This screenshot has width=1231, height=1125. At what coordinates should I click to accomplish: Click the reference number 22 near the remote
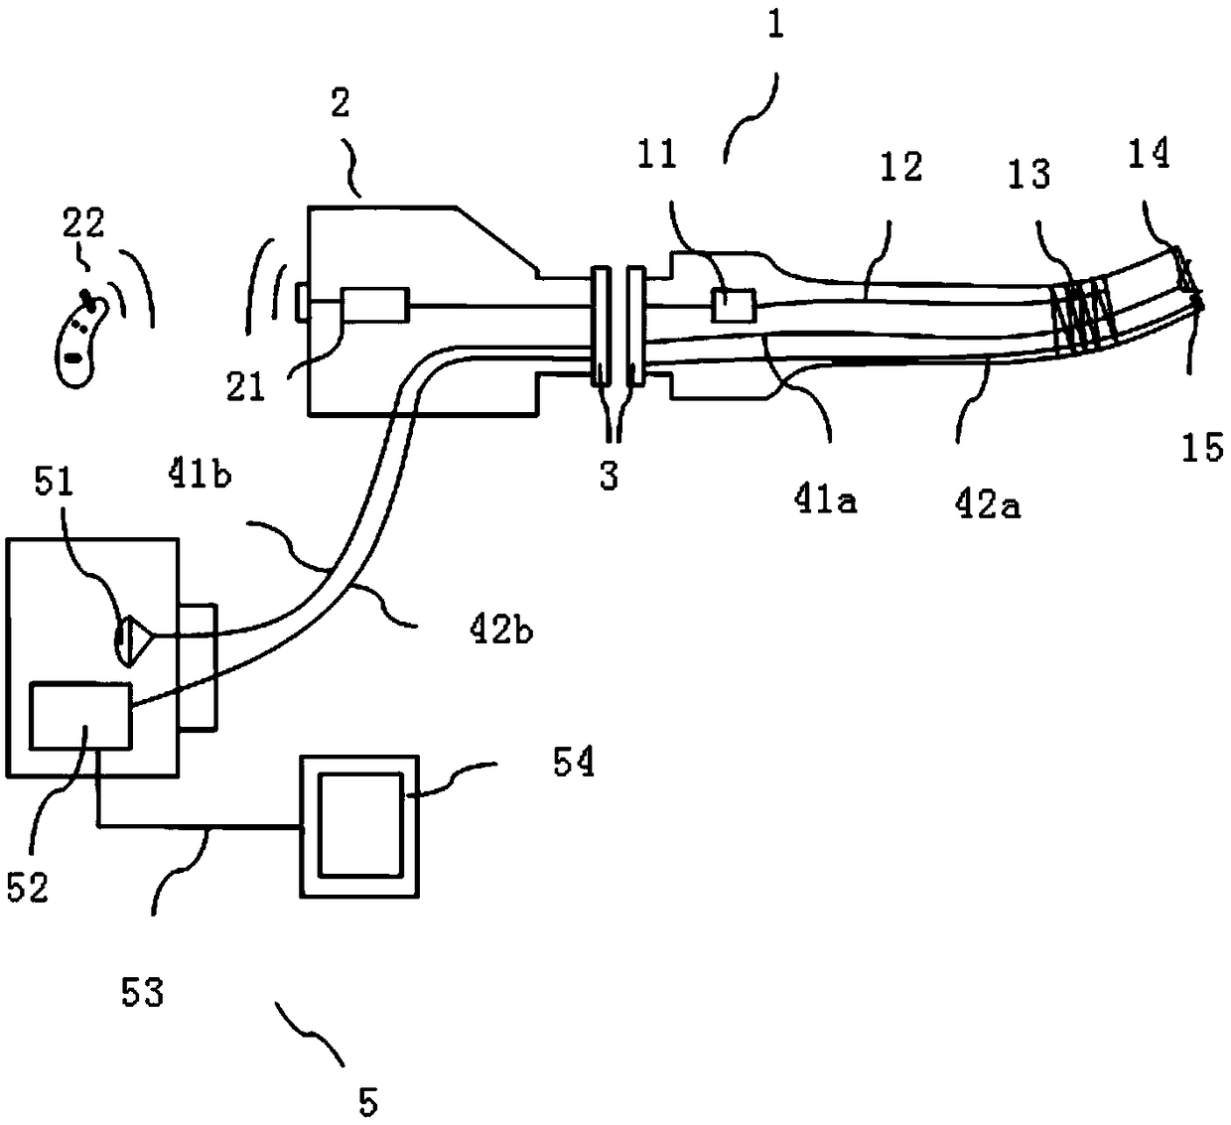pyautogui.click(x=83, y=223)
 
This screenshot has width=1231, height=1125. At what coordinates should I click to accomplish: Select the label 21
pyautogui.click(x=245, y=387)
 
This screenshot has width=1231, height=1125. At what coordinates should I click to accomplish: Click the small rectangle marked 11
pyautogui.click(x=733, y=305)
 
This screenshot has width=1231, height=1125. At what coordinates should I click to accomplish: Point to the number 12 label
pyautogui.click(x=900, y=167)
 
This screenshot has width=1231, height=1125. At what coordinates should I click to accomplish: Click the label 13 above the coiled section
pyautogui.click(x=1029, y=174)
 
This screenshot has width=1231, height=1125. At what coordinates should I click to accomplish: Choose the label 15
pyautogui.click(x=1202, y=447)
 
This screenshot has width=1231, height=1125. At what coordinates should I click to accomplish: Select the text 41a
pyautogui.click(x=825, y=500)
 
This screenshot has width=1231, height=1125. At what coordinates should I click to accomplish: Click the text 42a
pyautogui.click(x=988, y=506)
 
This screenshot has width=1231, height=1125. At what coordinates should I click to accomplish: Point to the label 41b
pyautogui.click(x=201, y=475)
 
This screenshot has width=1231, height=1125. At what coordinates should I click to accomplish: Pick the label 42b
pyautogui.click(x=500, y=630)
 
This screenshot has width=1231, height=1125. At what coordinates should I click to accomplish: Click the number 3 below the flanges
pyautogui.click(x=609, y=475)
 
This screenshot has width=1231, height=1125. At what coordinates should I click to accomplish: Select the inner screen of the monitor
pyautogui.click(x=360, y=826)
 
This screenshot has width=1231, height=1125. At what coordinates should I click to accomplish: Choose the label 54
pyautogui.click(x=574, y=764)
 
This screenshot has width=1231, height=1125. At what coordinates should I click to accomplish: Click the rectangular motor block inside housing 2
pyautogui.click(x=374, y=305)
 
